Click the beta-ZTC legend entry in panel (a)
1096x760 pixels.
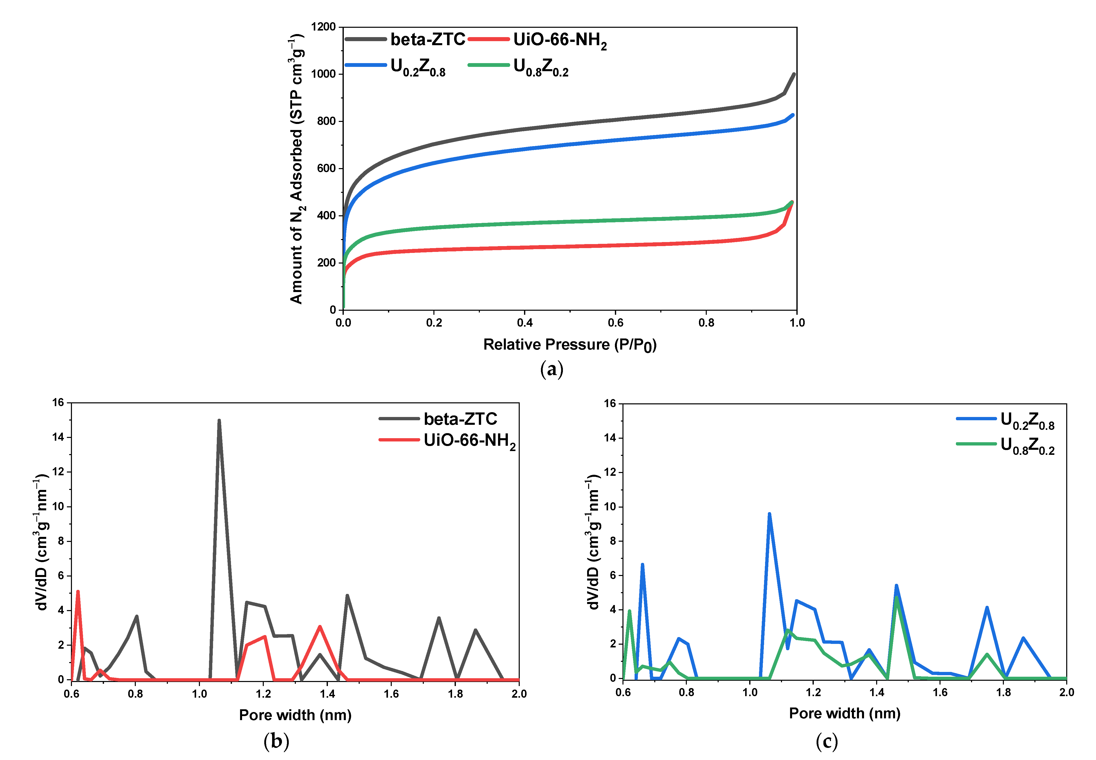pyautogui.click(x=427, y=39)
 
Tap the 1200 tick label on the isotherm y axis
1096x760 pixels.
pyautogui.click(x=324, y=27)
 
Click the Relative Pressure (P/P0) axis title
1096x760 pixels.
pyautogui.click(x=569, y=344)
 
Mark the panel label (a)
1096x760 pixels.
pyautogui.click(x=552, y=369)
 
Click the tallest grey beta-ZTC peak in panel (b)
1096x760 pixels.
pyautogui.click(x=219, y=421)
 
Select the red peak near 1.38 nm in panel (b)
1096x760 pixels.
pyautogui.click(x=320, y=627)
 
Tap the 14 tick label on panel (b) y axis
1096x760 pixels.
pyautogui.click(x=58, y=437)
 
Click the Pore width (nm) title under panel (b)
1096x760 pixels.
pyautogui.click(x=295, y=715)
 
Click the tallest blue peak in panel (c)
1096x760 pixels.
pyautogui.click(x=769, y=514)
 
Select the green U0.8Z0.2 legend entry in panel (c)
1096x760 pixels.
pyautogui.click(x=1027, y=445)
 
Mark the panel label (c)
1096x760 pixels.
pyautogui.click(x=826, y=741)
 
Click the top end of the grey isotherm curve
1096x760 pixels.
pyautogui.click(x=794, y=74)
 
